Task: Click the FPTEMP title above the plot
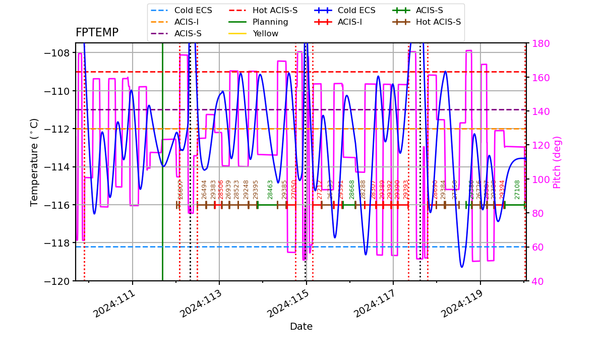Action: tap(97, 33)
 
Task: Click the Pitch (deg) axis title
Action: tap(557, 162)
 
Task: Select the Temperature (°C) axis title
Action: tap(34, 162)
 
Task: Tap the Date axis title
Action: tap(301, 327)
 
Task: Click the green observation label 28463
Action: tap(271, 190)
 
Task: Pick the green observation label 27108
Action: tap(518, 190)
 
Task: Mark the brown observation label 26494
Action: tap(205, 190)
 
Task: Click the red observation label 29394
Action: tap(502, 190)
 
